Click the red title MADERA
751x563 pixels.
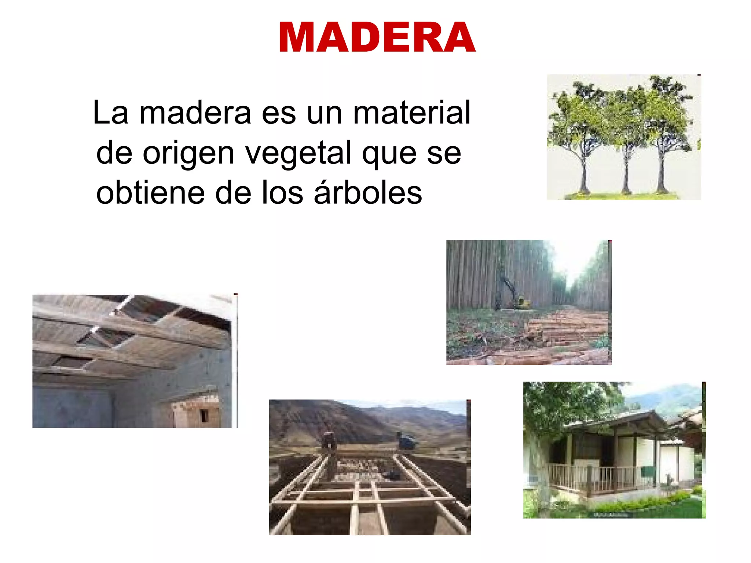pos(377,37)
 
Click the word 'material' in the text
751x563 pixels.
pos(411,113)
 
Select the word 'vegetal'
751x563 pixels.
pos(298,153)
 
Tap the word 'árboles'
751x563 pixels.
pos(368,193)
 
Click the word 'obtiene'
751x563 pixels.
pos(150,193)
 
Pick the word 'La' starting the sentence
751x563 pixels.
pos(110,113)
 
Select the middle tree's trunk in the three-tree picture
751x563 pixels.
pos(626,176)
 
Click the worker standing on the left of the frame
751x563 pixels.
pos(329,442)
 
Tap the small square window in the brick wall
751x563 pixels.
pos(204,415)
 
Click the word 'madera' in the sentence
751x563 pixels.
pos(195,113)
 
